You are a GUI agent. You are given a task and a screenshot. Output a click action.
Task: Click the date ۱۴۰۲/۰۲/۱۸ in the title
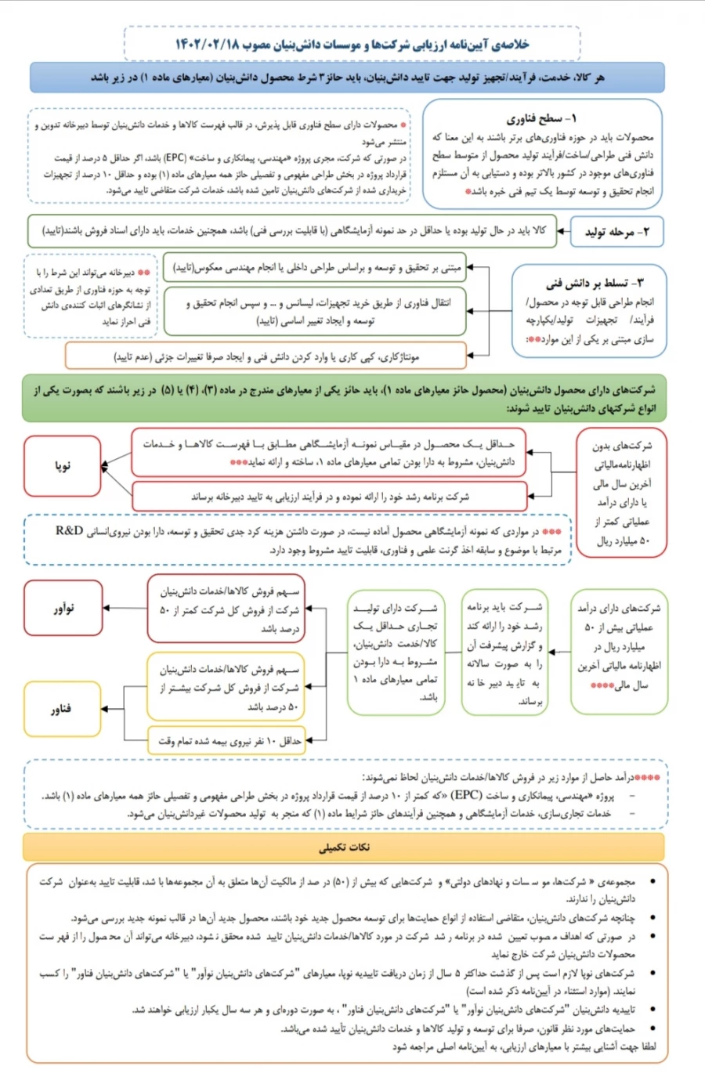[x=208, y=45]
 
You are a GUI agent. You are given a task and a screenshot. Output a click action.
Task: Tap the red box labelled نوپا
[x=63, y=465]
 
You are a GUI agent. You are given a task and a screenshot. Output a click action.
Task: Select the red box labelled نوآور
[x=63, y=608]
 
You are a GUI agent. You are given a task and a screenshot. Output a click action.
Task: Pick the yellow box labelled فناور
[x=63, y=709]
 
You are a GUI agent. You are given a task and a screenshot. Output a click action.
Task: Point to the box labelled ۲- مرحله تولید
[x=617, y=232]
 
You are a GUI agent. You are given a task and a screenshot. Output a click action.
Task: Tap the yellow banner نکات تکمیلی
[x=345, y=847]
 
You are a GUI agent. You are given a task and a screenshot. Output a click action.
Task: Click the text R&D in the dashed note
[x=69, y=531]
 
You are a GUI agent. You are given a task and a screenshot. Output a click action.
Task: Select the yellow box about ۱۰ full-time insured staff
[x=226, y=740]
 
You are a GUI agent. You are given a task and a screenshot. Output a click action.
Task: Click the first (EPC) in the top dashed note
[x=175, y=157]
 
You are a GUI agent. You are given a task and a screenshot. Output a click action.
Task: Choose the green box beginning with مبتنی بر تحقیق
[x=315, y=268]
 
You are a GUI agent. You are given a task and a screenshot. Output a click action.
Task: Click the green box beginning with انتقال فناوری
[x=315, y=311]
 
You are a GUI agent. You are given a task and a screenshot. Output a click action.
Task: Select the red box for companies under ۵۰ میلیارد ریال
[x=620, y=493]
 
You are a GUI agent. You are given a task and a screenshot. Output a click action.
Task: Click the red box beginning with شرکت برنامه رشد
[x=329, y=497]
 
